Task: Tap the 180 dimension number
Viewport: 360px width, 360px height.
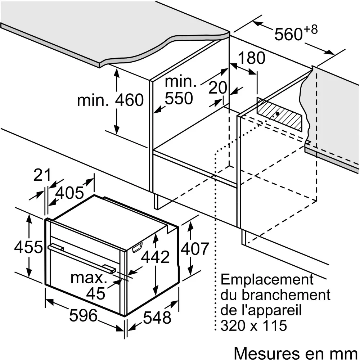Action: [252, 58]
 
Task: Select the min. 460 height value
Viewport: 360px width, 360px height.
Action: [110, 100]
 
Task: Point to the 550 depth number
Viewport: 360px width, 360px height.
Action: [179, 98]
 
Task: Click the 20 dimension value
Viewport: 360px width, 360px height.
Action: [218, 87]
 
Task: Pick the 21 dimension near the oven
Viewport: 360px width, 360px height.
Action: [42, 175]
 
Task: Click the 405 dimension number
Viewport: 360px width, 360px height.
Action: [69, 193]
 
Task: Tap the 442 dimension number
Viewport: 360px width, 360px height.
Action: [155, 257]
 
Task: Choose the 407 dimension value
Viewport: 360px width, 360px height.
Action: [195, 249]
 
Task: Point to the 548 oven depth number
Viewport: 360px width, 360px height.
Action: [157, 318]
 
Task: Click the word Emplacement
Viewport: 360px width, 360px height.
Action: [267, 280]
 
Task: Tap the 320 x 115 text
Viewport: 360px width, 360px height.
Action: [254, 325]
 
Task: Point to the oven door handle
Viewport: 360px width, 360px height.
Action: [82, 258]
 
